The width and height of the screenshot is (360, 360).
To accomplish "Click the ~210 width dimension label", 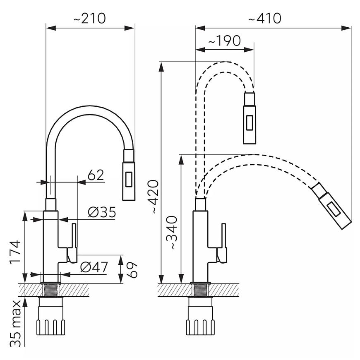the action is click(x=89, y=18).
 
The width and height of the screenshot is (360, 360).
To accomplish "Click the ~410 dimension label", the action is click(x=265, y=18).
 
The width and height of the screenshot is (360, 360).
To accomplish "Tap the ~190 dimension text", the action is click(x=225, y=41).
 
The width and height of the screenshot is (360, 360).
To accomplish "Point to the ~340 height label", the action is click(x=171, y=233).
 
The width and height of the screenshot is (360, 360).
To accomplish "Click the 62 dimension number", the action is click(x=96, y=175).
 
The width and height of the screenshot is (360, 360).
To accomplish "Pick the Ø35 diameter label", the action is click(x=102, y=212).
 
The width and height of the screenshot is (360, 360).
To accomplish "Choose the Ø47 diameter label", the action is click(x=94, y=267).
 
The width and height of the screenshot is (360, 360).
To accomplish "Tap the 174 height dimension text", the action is click(x=15, y=252).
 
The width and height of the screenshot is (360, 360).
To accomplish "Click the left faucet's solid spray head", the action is click(x=129, y=175).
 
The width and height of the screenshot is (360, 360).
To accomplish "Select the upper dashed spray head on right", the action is click(x=250, y=118).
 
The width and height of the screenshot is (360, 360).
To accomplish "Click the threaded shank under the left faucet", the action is click(x=51, y=290).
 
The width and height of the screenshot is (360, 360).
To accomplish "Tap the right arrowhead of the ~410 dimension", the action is click(x=346, y=28).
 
